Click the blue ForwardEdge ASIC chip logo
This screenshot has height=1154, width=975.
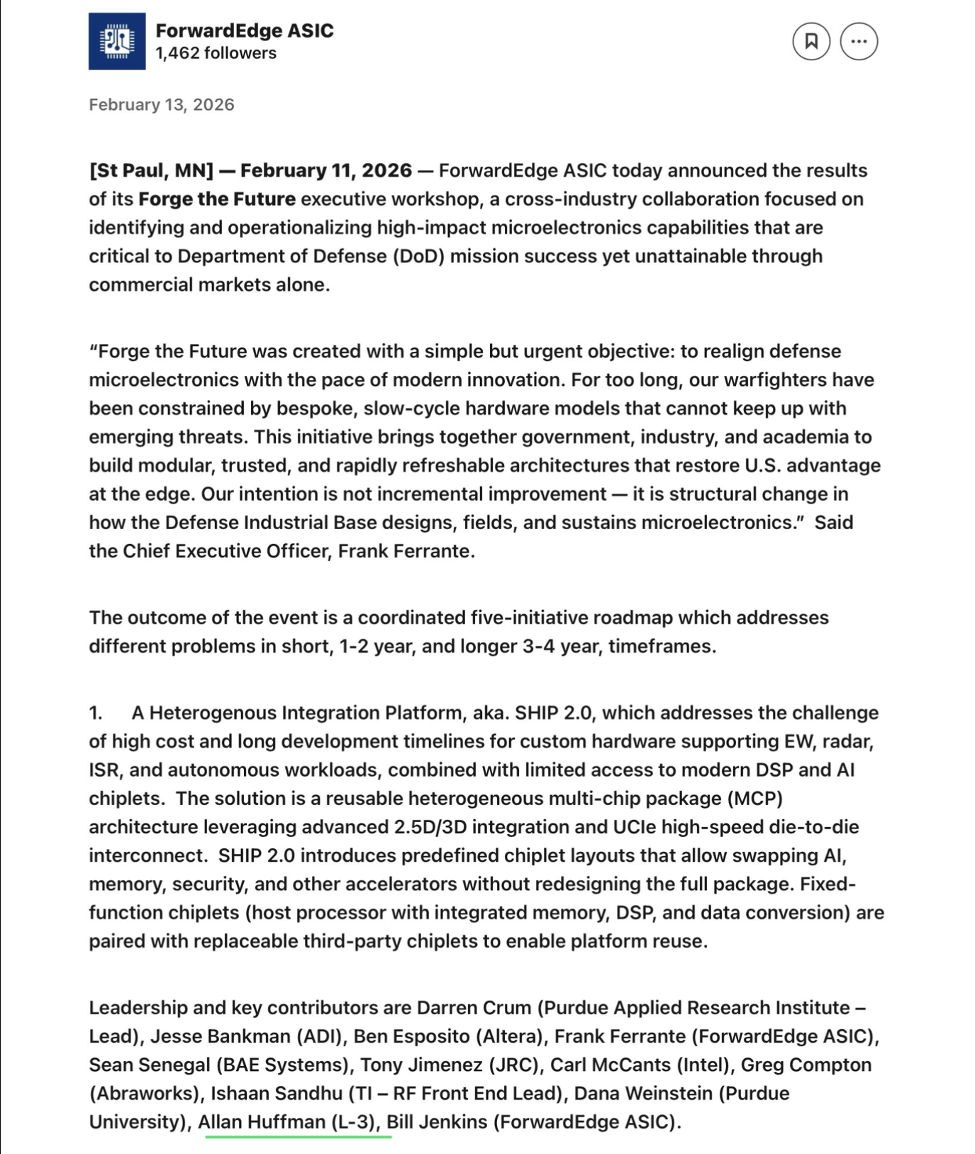pyautogui.click(x=117, y=41)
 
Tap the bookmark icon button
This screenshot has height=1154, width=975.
pyautogui.click(x=811, y=41)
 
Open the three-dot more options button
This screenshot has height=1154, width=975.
pyautogui.click(x=859, y=41)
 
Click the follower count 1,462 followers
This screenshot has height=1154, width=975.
pyautogui.click(x=216, y=53)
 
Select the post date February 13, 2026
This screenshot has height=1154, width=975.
pyautogui.click(x=162, y=105)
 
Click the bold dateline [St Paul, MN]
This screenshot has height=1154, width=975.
pyautogui.click(x=151, y=171)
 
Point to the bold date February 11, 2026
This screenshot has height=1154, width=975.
pyautogui.click(x=325, y=171)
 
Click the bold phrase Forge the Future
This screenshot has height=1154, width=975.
pyautogui.click(x=217, y=199)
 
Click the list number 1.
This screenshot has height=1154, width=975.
pyautogui.click(x=96, y=713)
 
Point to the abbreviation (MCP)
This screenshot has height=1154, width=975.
pyautogui.click(x=754, y=799)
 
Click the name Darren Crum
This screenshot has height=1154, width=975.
pyautogui.click(x=474, y=1008)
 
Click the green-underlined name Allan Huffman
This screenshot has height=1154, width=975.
pyautogui.click(x=261, y=1122)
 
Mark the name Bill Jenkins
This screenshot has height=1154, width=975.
pyautogui.click(x=437, y=1122)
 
